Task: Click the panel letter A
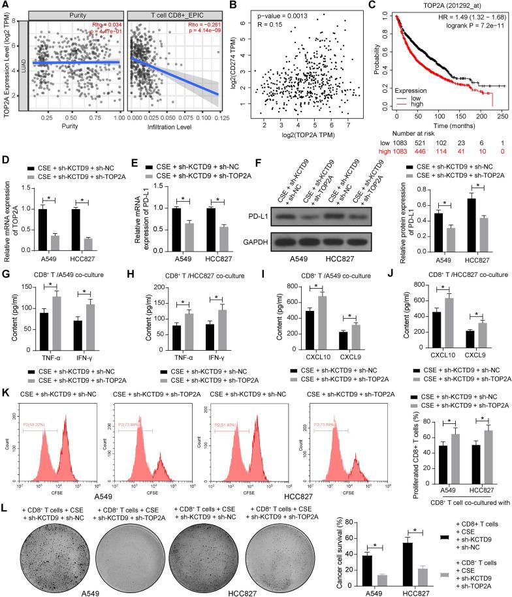[5, 5]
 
